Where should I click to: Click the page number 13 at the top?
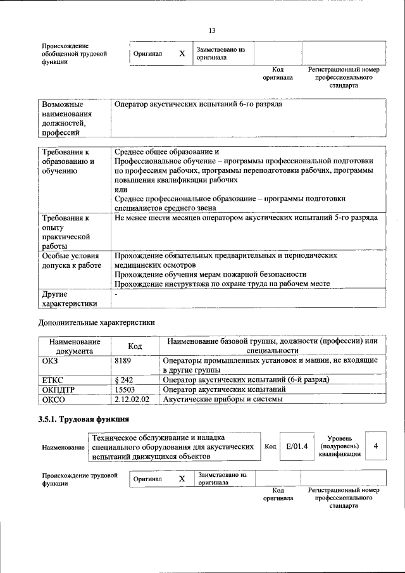pyautogui.click(x=212, y=31)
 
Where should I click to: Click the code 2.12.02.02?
pyautogui.click(x=132, y=400)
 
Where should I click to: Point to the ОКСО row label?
pyautogui.click(x=54, y=400)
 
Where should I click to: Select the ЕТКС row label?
pyautogui.click(x=53, y=379)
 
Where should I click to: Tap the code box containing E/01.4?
pyautogui.click(x=296, y=446)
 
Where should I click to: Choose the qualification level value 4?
pyautogui.click(x=375, y=446)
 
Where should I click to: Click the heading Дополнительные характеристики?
pyautogui.click(x=97, y=322)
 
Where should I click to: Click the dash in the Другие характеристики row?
pyautogui.click(x=116, y=294)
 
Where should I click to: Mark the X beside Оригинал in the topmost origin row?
pyautogui.click(x=182, y=54)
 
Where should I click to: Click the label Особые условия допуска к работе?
pyautogui.click(x=71, y=260)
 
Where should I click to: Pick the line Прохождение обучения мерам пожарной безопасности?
pyautogui.click(x=210, y=274)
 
